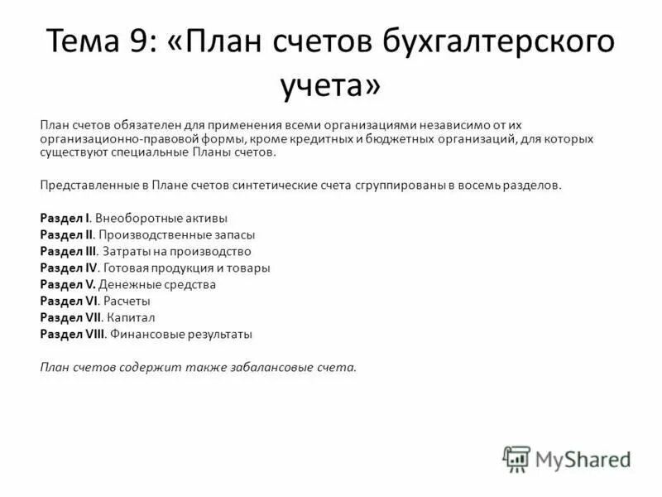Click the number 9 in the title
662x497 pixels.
[x=160, y=41]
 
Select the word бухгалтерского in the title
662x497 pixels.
[x=493, y=41]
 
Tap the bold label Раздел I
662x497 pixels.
[x=65, y=218]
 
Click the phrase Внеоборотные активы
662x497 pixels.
[x=161, y=218]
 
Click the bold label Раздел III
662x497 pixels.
[x=69, y=251]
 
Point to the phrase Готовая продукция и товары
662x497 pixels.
[x=186, y=268]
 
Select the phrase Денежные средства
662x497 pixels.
[x=157, y=284]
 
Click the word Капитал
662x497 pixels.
[x=131, y=317]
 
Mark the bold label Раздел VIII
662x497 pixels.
[x=72, y=335]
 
